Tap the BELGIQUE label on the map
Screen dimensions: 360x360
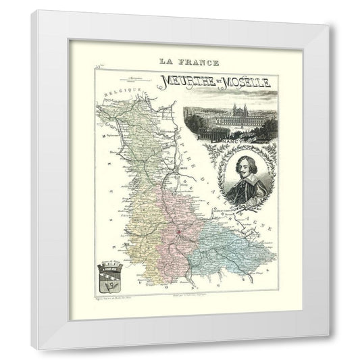(x=115, y=91)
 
